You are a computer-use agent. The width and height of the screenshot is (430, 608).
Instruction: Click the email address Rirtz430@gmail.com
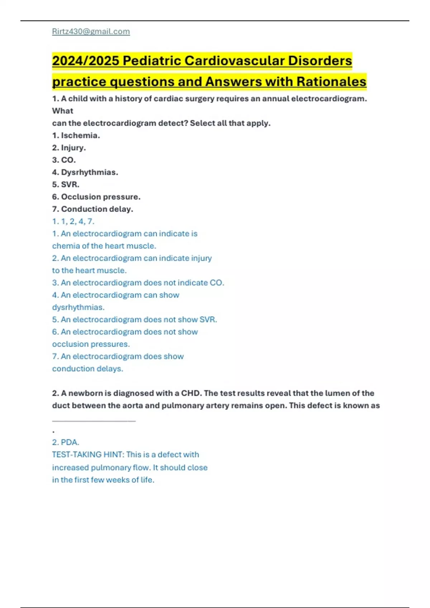[91, 31]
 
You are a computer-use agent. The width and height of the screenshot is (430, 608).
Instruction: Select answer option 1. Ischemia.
[76, 136]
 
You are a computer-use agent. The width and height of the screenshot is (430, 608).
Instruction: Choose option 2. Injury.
[69, 148]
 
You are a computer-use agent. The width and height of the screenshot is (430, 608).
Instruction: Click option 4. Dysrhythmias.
[85, 172]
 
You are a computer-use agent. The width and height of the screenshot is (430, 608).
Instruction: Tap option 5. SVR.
[66, 185]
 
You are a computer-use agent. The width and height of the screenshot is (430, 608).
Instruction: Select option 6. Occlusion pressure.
[96, 197]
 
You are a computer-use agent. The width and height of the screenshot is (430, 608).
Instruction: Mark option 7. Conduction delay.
[92, 209]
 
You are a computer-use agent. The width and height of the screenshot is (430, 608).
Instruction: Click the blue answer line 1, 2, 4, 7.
[73, 221]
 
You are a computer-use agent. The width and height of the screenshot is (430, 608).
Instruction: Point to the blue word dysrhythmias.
[78, 307]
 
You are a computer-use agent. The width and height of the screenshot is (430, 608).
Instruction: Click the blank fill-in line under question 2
[94, 421]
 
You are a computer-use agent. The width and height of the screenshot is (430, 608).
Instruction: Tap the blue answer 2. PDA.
[66, 442]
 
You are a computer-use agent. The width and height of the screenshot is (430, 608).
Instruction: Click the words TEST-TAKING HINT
[87, 455]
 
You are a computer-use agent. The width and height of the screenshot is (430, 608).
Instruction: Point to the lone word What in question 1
[62, 111]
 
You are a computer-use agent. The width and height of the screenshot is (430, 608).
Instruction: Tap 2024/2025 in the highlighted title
[85, 61]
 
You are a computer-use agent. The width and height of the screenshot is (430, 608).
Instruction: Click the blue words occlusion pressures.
[91, 344]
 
